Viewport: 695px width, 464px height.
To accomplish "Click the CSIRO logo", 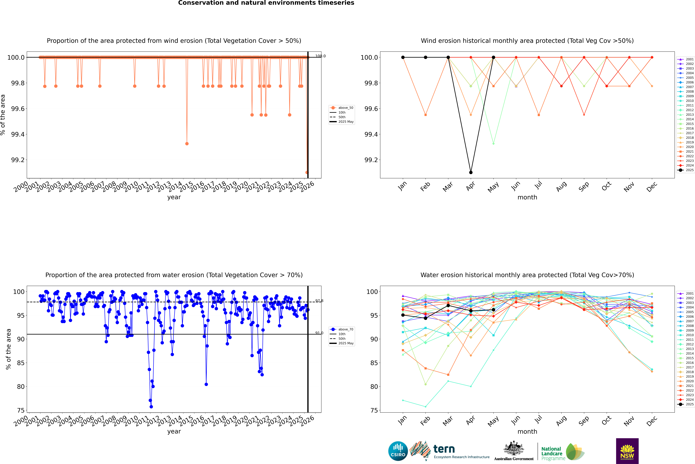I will click(x=398, y=451).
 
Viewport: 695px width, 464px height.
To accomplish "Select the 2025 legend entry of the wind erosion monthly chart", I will click(x=686, y=170).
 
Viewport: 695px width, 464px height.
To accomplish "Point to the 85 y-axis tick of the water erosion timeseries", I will click(x=21, y=363).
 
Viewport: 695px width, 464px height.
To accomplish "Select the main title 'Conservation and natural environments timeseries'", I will click(x=266, y=3).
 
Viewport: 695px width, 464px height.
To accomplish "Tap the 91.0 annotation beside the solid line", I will click(x=319, y=333).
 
